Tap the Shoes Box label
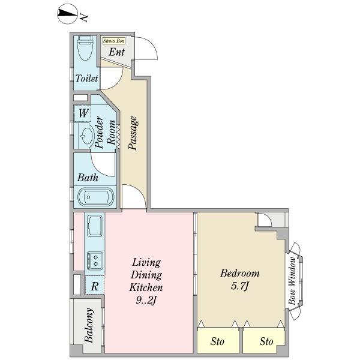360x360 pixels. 113,41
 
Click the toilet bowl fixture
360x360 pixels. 85,48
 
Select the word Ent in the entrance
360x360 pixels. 116,52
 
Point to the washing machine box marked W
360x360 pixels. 83,113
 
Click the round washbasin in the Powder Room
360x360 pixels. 87,136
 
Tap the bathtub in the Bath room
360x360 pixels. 95,197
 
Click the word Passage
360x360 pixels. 133,133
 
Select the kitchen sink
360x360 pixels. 95,226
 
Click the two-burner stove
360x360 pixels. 95,260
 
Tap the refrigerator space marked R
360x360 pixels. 95,286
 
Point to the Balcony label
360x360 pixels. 89,325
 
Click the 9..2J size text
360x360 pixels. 146,300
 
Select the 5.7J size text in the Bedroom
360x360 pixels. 239,286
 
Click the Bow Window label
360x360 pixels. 293,281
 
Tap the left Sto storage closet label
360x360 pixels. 217,341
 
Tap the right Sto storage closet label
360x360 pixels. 266,341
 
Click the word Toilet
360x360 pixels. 87,78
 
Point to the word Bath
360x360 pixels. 88,178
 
